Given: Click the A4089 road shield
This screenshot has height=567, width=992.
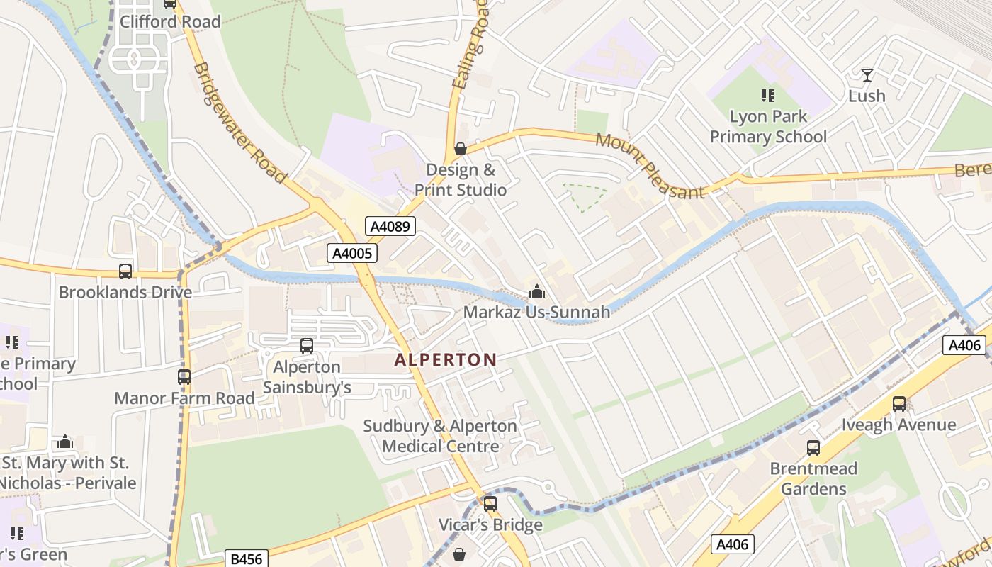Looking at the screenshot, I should point(390,226).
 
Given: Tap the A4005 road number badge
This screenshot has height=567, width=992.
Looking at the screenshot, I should point(351,253).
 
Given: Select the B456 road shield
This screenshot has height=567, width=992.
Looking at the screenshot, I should point(247,558).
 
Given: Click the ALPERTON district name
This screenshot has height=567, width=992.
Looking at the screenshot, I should point(445,359).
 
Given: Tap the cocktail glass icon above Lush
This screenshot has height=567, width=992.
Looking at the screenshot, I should point(867,74).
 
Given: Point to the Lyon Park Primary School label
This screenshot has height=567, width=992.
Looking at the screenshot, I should point(768,126).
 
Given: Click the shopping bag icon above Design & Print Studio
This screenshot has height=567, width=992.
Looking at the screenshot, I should point(460,149).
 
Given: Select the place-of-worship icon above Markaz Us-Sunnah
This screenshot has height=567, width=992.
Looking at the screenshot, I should point(536,291).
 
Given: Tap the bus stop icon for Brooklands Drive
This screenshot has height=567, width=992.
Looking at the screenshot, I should point(125,271).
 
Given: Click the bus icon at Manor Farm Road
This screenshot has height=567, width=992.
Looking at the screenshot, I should point(184,376).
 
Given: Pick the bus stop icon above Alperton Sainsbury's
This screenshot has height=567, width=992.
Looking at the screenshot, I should point(307,346).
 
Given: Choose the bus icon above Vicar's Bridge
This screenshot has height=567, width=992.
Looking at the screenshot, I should point(490,504).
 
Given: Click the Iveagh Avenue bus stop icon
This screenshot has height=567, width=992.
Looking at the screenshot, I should point(899,404).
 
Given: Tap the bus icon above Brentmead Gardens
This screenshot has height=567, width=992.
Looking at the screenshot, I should point(813,448).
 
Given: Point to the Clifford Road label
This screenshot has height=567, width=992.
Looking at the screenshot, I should point(170,21).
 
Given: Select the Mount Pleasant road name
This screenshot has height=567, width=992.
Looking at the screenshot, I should point(650,166).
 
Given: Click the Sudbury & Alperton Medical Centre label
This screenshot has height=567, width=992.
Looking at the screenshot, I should point(440,436).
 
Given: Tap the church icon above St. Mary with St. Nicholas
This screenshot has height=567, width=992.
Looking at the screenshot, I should point(65,442).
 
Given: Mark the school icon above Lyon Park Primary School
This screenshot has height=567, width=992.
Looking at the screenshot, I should point(767,95).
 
